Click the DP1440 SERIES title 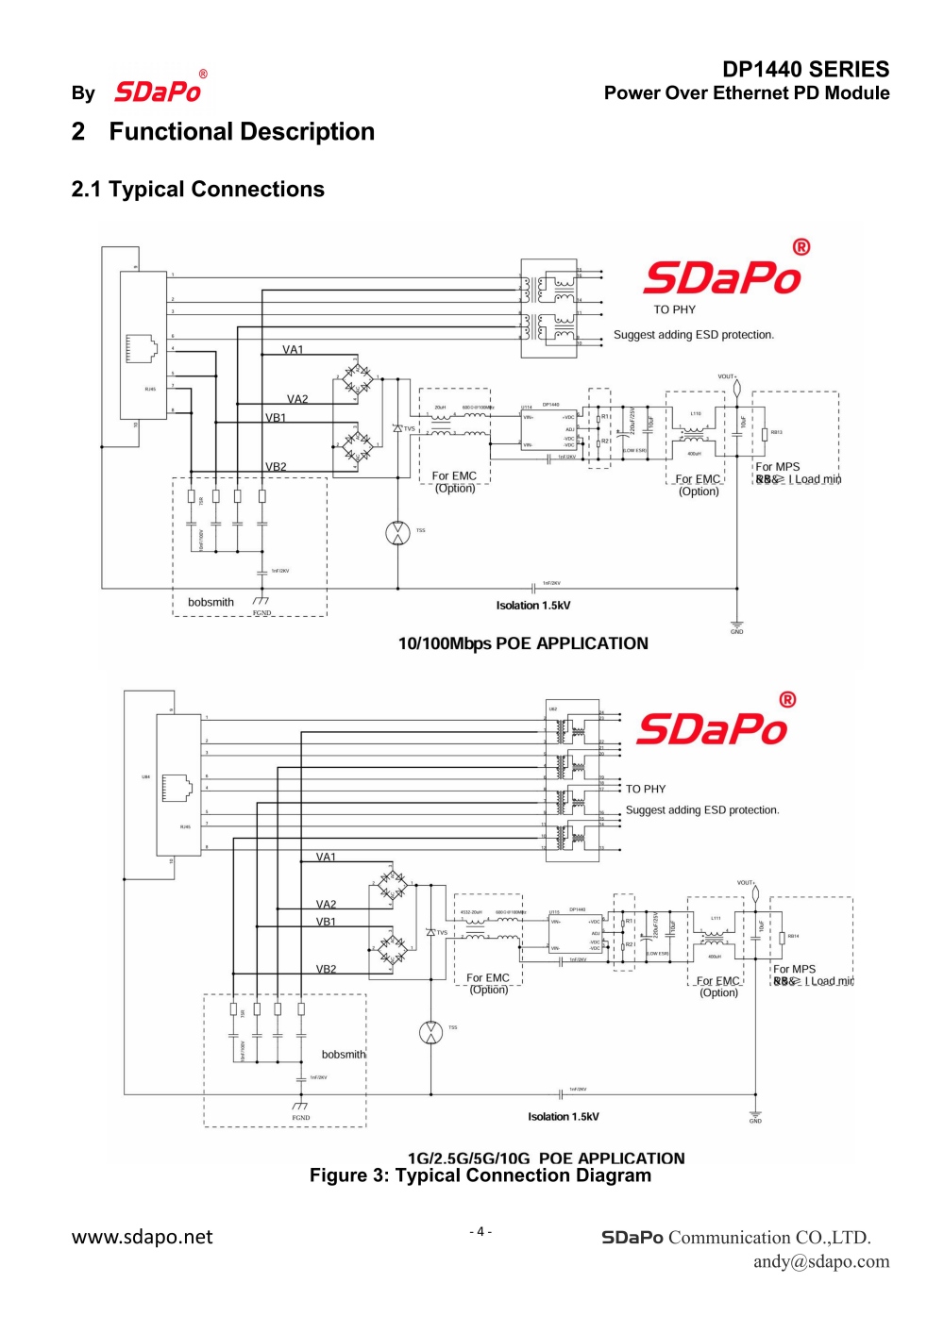805,69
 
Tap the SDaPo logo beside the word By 159,91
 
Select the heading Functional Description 242,131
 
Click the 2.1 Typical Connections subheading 197,189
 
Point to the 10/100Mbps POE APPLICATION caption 523,643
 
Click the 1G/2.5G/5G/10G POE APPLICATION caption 546,1158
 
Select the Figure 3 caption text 480,1175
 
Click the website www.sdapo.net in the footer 142,1237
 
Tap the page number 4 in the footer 480,1231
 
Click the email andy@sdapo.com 820,1261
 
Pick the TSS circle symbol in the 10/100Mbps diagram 397,532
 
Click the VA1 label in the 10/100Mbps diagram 293,350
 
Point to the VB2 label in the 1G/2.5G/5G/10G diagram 326,969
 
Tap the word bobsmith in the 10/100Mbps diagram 211,602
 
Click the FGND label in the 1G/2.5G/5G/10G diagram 300,1118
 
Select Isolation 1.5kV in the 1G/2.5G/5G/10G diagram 563,1116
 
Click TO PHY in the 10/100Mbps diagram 674,309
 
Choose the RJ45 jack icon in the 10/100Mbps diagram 143,348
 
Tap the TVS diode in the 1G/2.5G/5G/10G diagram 431,932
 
